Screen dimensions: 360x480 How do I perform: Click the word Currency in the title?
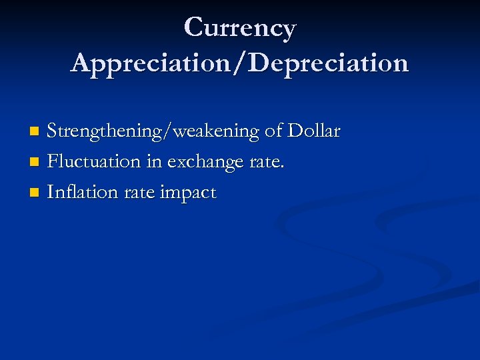(239, 29)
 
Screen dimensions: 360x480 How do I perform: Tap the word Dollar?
(314, 131)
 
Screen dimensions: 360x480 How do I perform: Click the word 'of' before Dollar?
(273, 131)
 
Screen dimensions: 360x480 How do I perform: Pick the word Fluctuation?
(94, 161)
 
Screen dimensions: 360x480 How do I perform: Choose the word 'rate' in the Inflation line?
(133, 193)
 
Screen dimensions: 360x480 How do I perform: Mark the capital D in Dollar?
(295, 131)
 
